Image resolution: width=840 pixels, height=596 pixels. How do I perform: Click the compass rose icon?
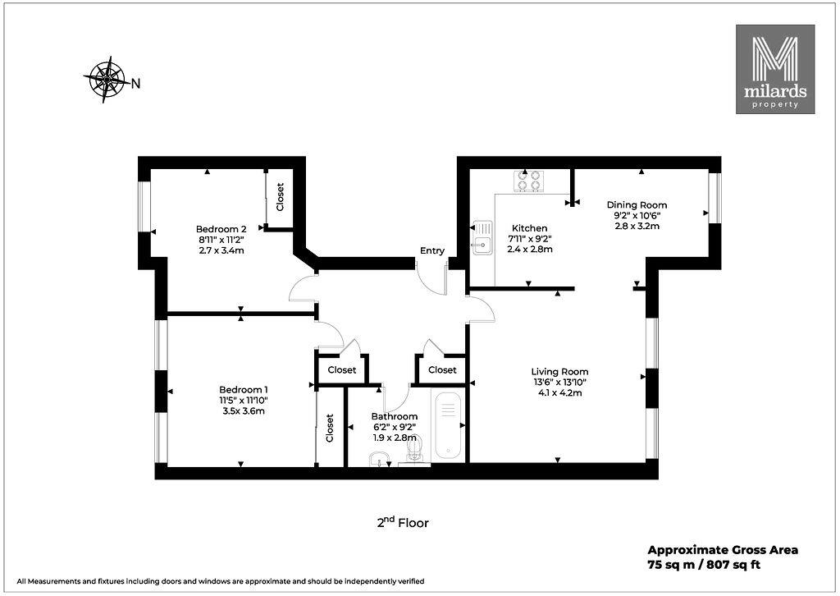(x=107, y=80)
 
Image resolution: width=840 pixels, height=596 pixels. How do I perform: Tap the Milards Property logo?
(x=775, y=69)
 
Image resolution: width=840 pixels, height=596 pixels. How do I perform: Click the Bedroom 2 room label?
(x=221, y=229)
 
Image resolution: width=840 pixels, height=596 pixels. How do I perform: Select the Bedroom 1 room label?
(x=243, y=390)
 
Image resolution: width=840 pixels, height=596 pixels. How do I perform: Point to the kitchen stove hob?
(x=528, y=181)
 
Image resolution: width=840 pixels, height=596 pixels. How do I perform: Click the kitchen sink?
(x=482, y=238)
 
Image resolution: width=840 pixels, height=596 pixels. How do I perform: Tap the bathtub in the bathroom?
(x=448, y=426)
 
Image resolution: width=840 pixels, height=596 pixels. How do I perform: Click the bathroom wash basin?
(x=379, y=460)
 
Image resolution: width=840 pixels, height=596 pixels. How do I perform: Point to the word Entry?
(x=432, y=251)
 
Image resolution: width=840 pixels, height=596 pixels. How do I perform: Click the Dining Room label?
(x=637, y=204)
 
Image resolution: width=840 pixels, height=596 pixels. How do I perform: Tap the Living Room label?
(x=559, y=371)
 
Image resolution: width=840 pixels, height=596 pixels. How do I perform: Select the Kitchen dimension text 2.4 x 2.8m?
(x=530, y=250)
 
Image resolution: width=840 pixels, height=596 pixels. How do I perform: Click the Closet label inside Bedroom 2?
(x=280, y=197)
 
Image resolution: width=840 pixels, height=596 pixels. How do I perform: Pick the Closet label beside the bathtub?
(x=442, y=369)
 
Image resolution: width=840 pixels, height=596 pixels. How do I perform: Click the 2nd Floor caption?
(x=403, y=522)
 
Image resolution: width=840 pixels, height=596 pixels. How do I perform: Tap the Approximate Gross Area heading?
(x=723, y=550)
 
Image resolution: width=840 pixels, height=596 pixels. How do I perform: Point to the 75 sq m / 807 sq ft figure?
(x=704, y=564)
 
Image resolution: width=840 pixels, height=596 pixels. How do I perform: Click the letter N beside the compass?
(x=136, y=84)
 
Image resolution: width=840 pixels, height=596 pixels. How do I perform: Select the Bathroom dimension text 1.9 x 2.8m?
(x=395, y=438)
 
